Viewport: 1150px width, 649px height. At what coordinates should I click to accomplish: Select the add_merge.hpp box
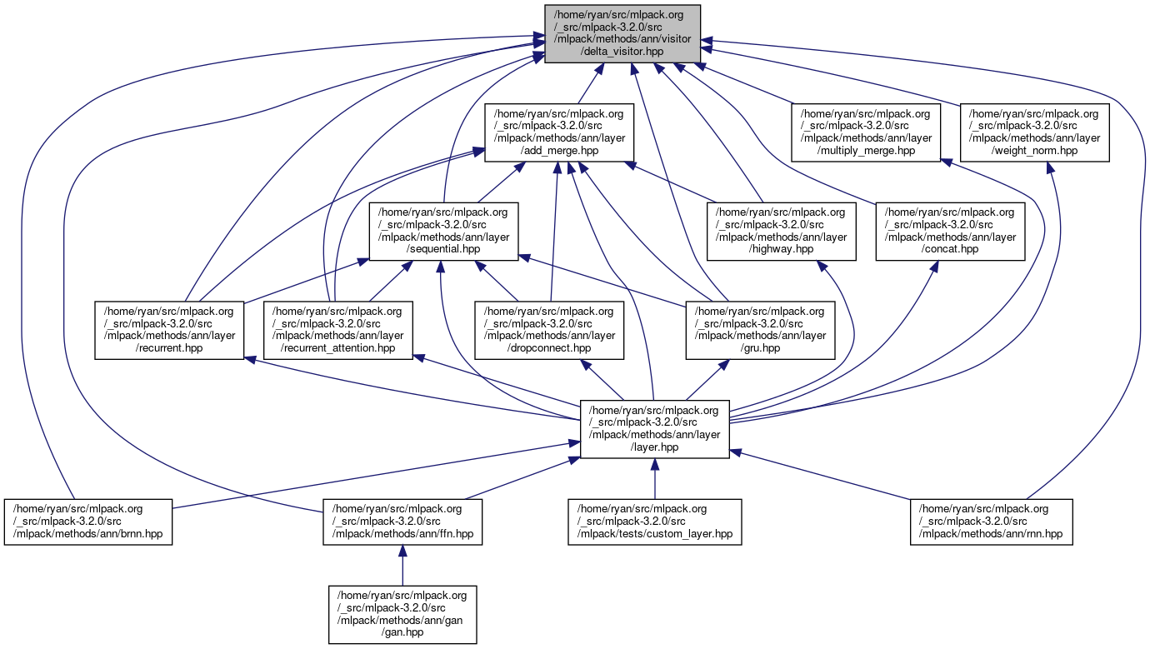tap(559, 132)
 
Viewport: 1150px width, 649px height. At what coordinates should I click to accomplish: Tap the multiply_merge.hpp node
tap(866, 132)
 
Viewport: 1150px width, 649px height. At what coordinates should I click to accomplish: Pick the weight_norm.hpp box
tap(1034, 132)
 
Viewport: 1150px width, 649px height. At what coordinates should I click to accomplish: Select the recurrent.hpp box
tap(169, 329)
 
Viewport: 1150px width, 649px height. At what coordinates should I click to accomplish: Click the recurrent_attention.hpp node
tap(338, 329)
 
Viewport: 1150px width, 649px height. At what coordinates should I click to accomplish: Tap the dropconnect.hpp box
tap(550, 329)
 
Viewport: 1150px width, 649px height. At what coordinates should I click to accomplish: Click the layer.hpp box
tap(654, 428)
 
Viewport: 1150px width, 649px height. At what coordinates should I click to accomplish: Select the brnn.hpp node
tap(87, 522)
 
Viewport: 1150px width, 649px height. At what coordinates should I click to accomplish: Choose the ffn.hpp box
tap(402, 522)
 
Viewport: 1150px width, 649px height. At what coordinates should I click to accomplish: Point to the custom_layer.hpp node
tap(654, 522)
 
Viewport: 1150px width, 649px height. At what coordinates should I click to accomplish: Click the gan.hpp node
tap(402, 615)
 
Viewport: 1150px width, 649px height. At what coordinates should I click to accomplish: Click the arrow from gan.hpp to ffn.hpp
tap(402, 567)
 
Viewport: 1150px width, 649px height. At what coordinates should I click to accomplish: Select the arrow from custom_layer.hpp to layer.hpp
tap(654, 479)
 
